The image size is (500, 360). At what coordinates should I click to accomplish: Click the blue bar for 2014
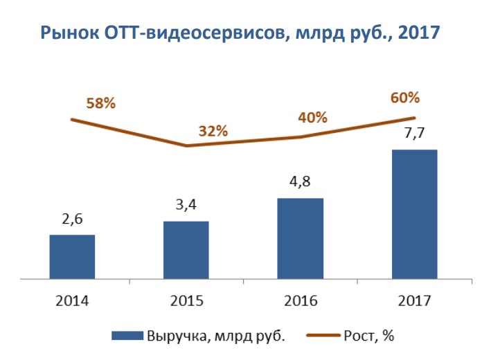coord(72,258)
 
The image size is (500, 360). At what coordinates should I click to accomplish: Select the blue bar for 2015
coord(186,251)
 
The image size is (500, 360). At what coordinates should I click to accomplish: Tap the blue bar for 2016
coord(300,239)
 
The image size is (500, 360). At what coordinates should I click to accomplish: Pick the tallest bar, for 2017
coord(414,215)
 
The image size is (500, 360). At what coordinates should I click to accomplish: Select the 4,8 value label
coord(300,183)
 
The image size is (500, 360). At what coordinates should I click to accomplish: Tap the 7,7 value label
coord(414,134)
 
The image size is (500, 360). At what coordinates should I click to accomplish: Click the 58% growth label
coord(100,104)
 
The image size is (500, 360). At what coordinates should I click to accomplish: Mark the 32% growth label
coord(213,132)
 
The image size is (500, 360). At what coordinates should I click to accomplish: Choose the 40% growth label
coord(312,117)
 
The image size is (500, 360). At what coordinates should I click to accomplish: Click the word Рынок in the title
coord(69,33)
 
